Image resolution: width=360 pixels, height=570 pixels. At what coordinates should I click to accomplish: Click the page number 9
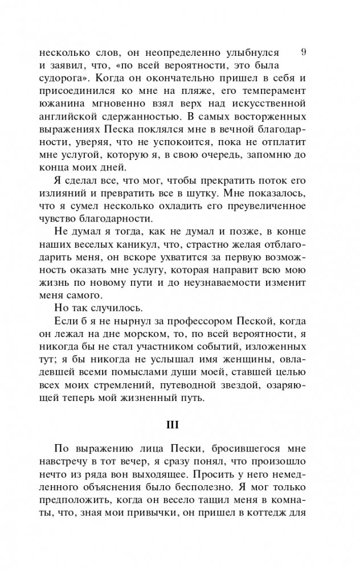(x=303, y=51)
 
